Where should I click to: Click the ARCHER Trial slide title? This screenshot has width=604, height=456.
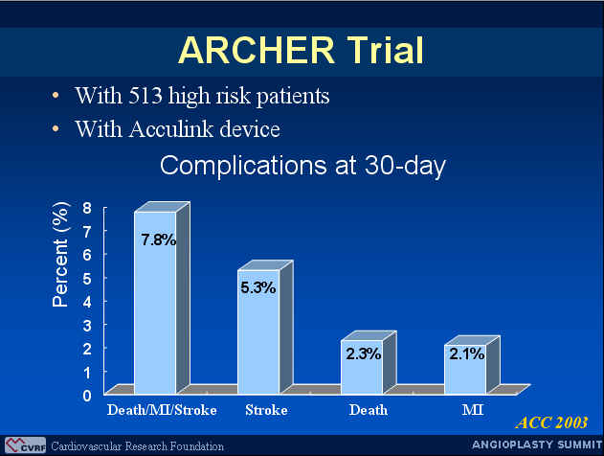tap(301, 50)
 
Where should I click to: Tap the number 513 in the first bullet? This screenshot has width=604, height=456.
tap(145, 95)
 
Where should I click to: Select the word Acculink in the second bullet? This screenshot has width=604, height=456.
tap(171, 128)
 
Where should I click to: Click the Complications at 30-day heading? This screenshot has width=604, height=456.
tap(302, 166)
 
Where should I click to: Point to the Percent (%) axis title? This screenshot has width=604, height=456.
tap(60, 255)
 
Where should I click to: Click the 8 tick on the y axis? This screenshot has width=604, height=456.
tap(87, 208)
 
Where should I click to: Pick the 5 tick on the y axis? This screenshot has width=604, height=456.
tap(87, 279)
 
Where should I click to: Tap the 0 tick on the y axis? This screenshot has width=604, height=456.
tap(87, 396)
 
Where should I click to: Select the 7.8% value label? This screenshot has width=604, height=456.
tap(159, 240)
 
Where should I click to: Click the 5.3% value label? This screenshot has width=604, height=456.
tap(258, 288)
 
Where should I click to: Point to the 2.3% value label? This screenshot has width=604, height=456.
tap(363, 353)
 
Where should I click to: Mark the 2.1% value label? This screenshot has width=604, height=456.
tap(466, 353)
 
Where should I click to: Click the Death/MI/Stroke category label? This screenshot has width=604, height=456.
tap(162, 410)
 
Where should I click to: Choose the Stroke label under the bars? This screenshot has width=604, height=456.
tap(266, 410)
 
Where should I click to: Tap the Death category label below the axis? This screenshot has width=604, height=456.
tap(369, 410)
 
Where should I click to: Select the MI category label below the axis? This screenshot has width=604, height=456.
tap(473, 410)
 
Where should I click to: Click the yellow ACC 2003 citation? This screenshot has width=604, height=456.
tap(551, 422)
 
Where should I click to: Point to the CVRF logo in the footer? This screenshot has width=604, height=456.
tap(26, 445)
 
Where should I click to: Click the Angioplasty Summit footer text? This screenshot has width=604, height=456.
tap(537, 445)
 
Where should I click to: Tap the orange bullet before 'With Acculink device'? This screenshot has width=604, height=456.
tap(56, 128)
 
